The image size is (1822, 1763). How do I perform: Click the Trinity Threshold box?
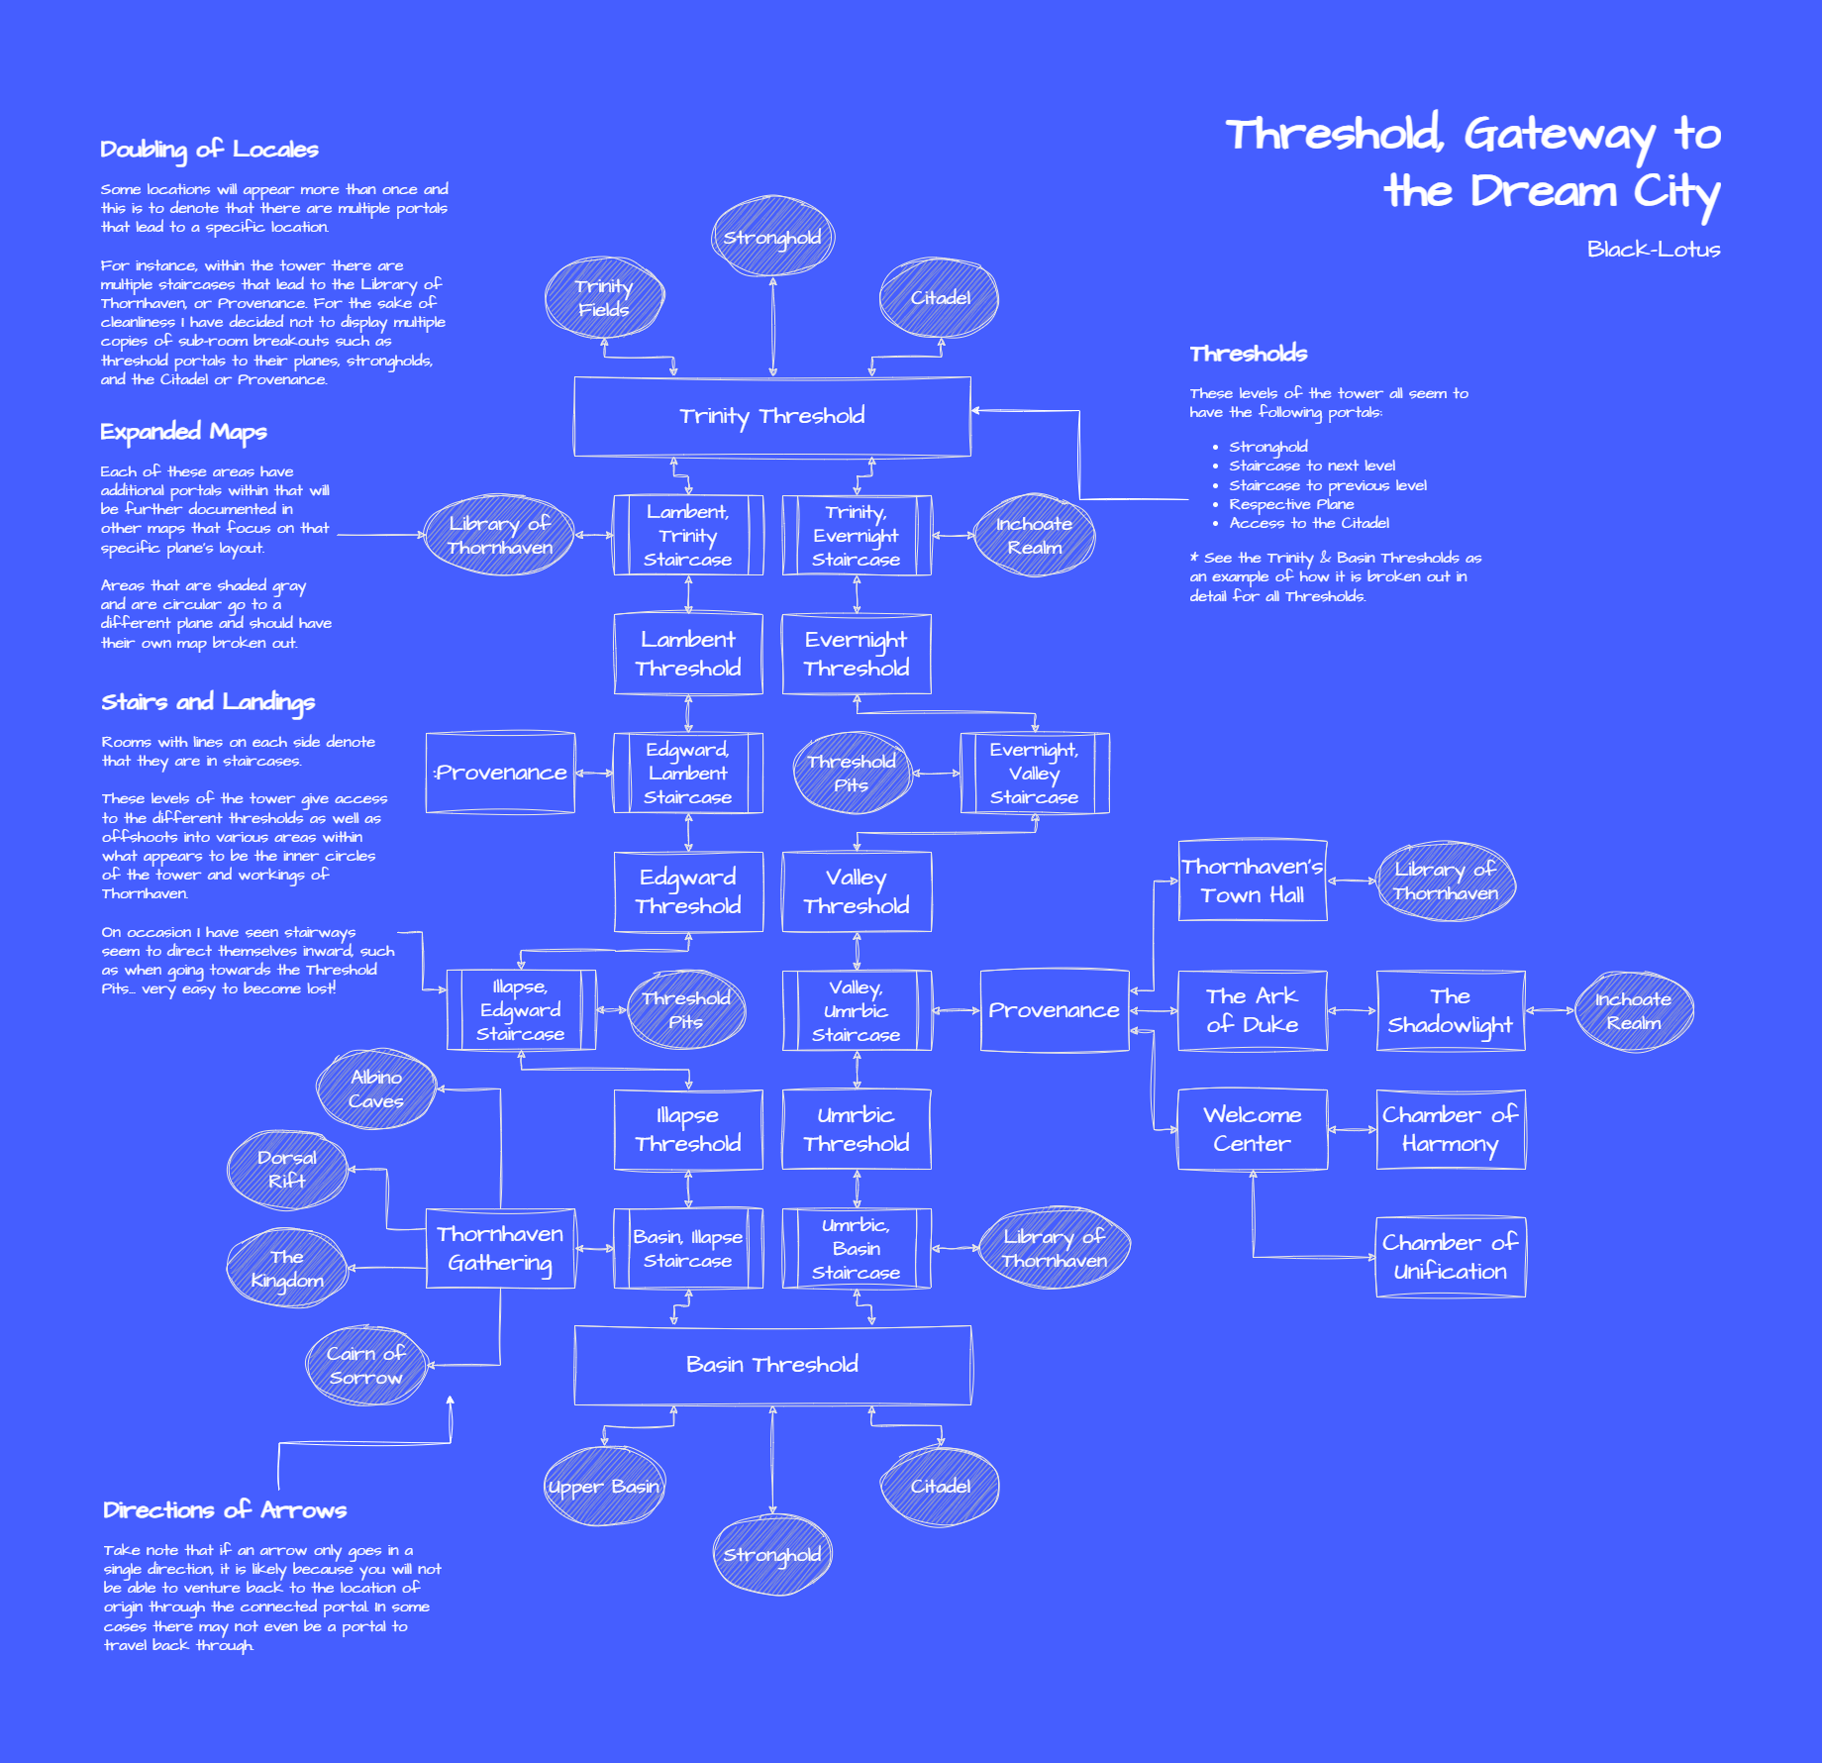pos(772,416)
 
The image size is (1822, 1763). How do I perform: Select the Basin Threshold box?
pos(772,1365)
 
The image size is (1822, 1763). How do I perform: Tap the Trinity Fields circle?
pos(604,297)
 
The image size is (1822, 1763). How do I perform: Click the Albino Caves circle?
pos(376,1089)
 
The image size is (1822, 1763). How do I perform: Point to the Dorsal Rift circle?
pos(287,1169)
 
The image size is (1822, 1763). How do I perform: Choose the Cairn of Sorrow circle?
pos(365,1365)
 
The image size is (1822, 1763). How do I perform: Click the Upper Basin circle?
pos(604,1486)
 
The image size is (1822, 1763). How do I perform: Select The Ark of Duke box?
pos(1253,1010)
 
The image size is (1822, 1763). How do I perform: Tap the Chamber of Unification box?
pos(1451,1257)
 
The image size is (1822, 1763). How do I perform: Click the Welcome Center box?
pos(1253,1129)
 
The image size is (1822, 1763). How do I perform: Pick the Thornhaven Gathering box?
pos(500,1248)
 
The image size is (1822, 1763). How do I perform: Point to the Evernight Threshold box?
pos(857,654)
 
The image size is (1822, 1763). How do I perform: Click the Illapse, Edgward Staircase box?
pos(521,1010)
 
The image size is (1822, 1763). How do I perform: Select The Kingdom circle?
pos(287,1268)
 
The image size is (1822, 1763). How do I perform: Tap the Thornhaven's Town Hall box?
pos(1253,881)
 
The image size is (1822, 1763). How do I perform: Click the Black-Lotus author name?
pos(1653,250)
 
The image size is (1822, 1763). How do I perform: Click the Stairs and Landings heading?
pos(208,702)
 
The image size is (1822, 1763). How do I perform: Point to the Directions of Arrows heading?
pos(225,1510)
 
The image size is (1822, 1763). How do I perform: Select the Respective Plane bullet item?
pos(1291,504)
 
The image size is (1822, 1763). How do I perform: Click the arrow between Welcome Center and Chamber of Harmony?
pos(1352,1129)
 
